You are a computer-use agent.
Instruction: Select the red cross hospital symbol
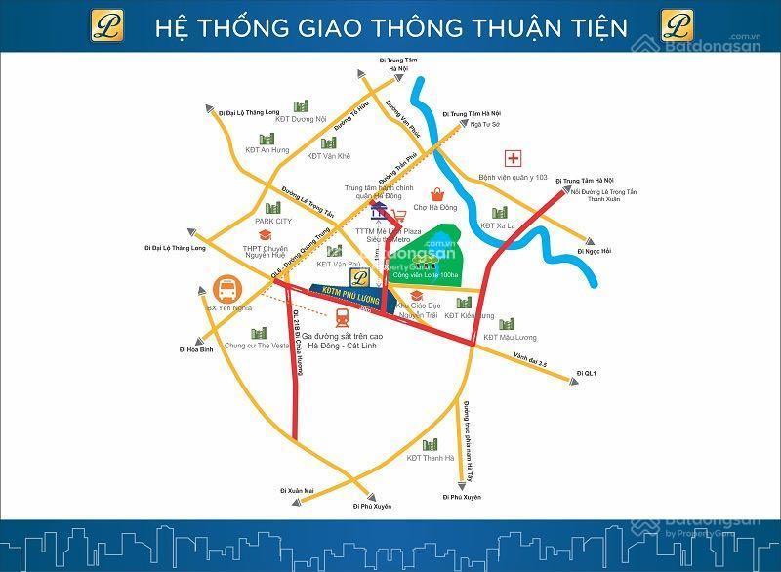coord(512,158)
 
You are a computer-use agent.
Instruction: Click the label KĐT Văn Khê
coord(328,156)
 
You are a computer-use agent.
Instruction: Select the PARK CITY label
coord(273,221)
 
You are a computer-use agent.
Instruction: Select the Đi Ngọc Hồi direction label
coord(594,252)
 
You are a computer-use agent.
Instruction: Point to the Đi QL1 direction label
coord(587,373)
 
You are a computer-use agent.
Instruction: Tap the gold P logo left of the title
coord(105,24)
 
